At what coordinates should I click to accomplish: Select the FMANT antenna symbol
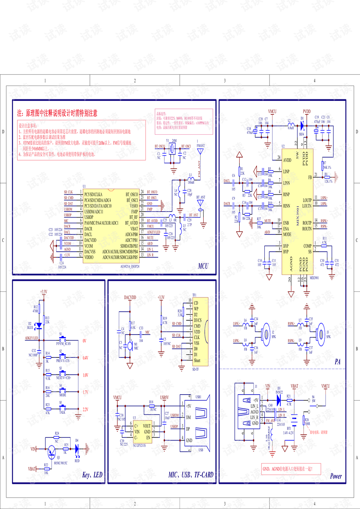click(201, 152)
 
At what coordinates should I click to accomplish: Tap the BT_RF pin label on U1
click(133, 217)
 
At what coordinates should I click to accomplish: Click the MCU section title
click(203, 266)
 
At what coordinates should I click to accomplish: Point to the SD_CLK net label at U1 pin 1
click(68, 192)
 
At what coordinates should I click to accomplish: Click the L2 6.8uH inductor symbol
click(291, 124)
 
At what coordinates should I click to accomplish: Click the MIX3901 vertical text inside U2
click(298, 215)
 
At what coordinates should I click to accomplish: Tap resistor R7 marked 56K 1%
click(323, 166)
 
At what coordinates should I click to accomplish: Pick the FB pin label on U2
click(310, 177)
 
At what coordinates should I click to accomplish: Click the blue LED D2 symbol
click(38, 325)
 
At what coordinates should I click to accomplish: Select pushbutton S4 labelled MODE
click(61, 391)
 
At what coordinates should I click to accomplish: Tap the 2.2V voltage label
click(85, 409)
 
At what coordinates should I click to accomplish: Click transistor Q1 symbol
click(51, 452)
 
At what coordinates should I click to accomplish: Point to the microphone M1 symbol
click(130, 345)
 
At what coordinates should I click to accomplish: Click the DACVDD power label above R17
click(130, 297)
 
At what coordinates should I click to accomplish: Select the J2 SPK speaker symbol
click(266, 333)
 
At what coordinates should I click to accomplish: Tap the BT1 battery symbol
click(294, 420)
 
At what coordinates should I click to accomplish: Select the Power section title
click(336, 476)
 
